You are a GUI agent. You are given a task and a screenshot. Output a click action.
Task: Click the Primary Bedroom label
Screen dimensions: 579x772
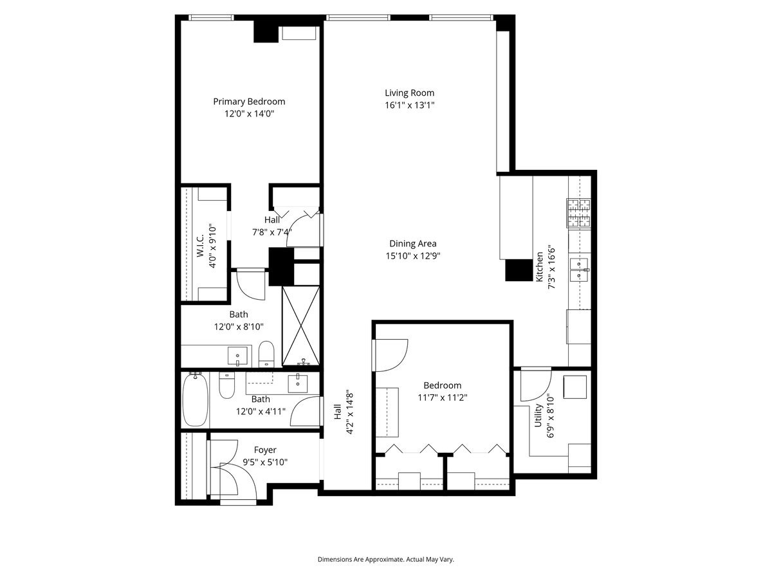[x=249, y=102]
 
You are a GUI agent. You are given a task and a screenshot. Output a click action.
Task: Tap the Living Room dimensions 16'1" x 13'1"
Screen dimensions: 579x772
[x=410, y=105]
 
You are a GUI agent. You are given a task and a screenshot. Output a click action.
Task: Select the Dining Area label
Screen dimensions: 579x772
[x=413, y=243]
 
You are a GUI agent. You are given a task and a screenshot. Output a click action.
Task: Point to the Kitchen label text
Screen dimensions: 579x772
[x=539, y=266]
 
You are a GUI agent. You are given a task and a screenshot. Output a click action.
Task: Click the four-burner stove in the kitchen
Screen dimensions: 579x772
[x=578, y=213]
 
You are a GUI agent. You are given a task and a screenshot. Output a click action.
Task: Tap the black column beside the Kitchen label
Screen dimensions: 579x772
[x=517, y=270]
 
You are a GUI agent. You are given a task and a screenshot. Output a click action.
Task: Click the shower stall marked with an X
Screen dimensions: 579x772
[x=301, y=326]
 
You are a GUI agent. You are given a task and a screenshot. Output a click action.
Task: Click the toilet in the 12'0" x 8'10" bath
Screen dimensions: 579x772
[x=266, y=353]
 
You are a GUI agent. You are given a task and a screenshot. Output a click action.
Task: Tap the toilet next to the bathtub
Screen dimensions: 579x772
[x=227, y=386]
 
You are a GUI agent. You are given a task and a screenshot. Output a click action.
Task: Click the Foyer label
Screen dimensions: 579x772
[x=265, y=450]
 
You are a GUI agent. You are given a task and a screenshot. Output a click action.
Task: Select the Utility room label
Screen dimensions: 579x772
[x=538, y=416]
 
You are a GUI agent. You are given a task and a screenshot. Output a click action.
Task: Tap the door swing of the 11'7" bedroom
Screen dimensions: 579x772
[x=390, y=354]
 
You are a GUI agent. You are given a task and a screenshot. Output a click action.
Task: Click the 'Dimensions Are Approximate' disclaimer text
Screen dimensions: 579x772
[x=386, y=560]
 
